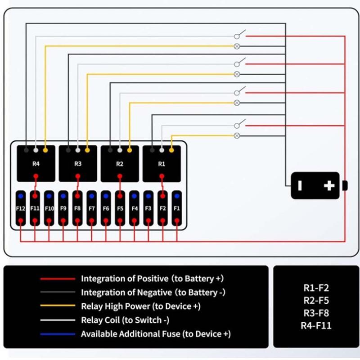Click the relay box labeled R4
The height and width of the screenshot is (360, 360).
(36, 163)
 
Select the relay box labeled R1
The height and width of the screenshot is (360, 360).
(162, 163)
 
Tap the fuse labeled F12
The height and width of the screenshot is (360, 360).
(21, 209)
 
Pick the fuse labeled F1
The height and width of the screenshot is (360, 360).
(177, 209)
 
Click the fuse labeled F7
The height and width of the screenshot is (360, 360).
(91, 209)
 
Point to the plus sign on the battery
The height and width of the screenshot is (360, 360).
(329, 185)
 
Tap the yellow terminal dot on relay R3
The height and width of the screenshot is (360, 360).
(87, 149)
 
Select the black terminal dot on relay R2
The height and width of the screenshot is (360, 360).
(110, 149)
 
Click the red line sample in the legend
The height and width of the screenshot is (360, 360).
(57, 279)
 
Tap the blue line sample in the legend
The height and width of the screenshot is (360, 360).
(57, 334)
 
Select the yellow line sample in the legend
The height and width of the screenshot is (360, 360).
(57, 306)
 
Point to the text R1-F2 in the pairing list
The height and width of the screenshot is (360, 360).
(316, 288)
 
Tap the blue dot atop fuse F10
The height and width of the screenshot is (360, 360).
(49, 196)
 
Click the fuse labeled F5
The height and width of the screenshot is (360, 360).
(120, 209)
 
